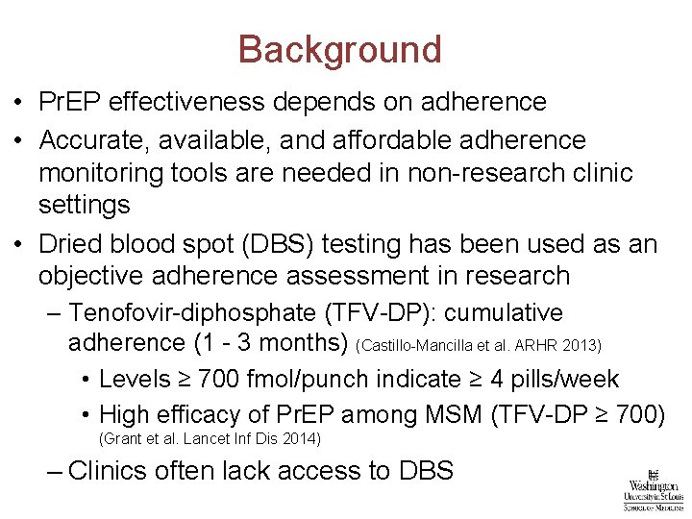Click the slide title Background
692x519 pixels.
coord(339,50)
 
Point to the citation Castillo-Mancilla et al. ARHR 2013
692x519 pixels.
coord(479,344)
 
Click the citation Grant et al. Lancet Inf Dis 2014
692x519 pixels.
coord(210,439)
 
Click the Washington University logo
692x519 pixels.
coord(653,489)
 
